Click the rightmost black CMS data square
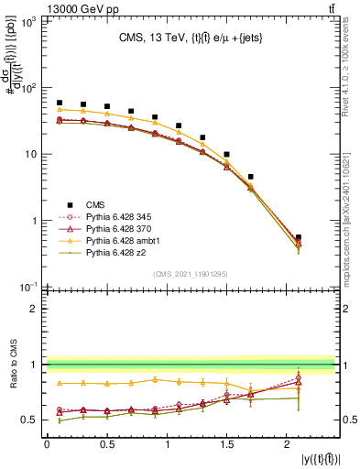coord(299,237)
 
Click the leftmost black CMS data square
coord(60,104)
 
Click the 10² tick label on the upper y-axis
coord(29,88)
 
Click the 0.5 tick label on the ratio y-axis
coord(30,420)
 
